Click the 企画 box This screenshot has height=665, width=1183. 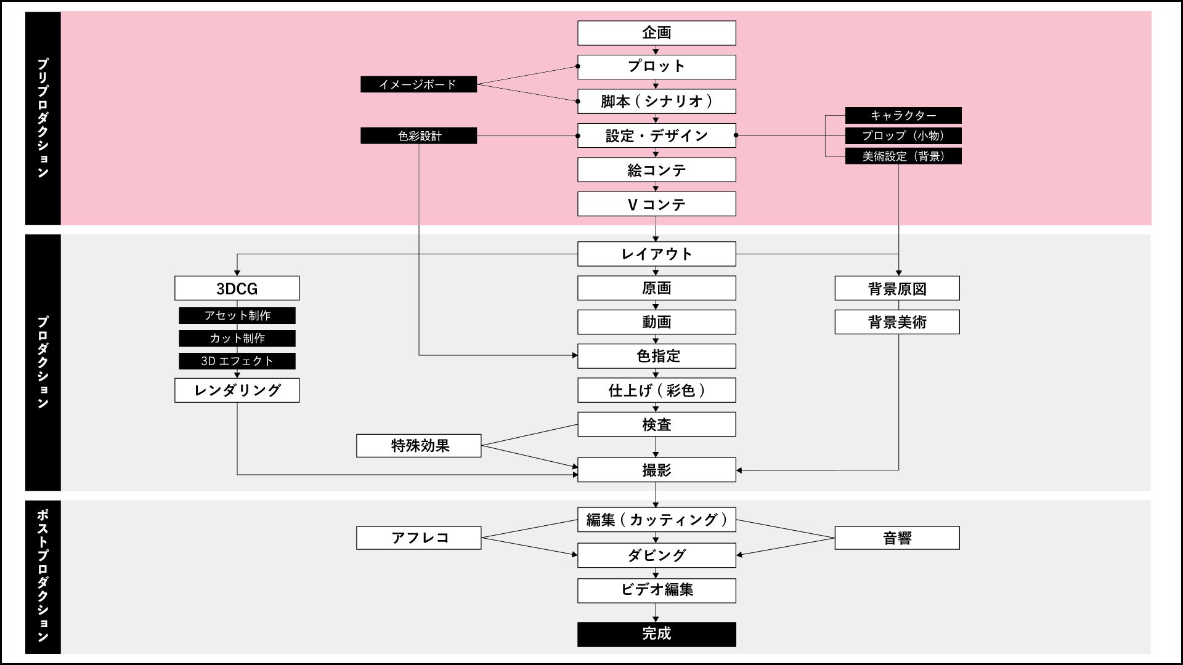click(656, 33)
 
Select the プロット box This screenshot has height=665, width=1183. click(656, 66)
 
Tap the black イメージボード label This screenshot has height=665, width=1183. click(418, 84)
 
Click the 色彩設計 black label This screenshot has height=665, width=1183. click(418, 135)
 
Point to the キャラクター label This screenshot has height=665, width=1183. click(903, 115)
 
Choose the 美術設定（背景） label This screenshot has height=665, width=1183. click(903, 156)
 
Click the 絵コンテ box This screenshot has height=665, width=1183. click(656, 170)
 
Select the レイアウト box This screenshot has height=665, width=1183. click(656, 254)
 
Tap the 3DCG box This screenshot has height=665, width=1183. click(237, 288)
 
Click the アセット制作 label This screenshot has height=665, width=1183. click(237, 315)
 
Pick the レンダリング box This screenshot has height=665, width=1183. click(237, 390)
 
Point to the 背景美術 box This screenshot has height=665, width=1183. click(896, 322)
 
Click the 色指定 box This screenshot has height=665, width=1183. click(656, 356)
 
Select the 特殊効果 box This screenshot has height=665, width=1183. click(418, 446)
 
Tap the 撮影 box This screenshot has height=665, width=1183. click(656, 470)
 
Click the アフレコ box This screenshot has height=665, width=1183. click(418, 538)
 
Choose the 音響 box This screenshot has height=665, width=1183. click(896, 538)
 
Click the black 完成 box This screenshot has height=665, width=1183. click(656, 634)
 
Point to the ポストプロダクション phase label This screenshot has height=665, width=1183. click(43, 576)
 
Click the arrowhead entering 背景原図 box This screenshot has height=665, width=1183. click(898, 273)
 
